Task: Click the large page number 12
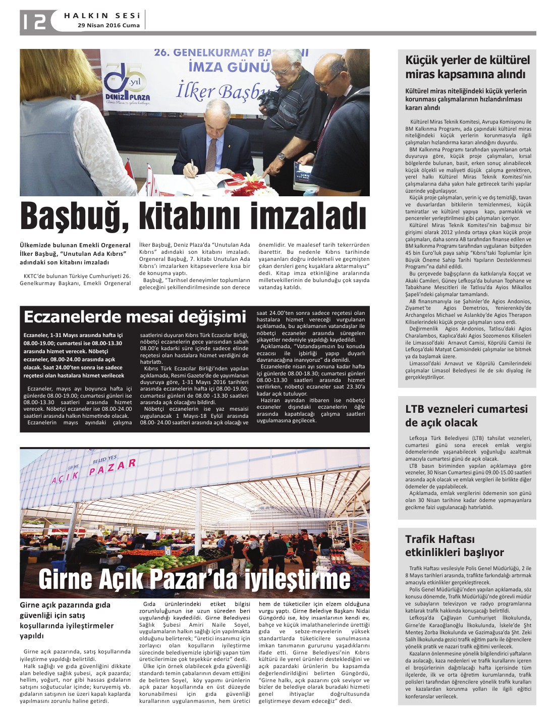(34, 21)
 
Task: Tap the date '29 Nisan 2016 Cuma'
(108, 25)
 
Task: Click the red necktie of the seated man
(211, 154)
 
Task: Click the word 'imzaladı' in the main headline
(308, 217)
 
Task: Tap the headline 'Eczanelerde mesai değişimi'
(135, 317)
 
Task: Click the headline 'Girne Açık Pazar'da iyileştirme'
(194, 579)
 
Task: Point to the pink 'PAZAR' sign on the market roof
(113, 467)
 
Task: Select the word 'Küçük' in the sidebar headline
(423, 61)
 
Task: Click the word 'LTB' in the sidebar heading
(417, 409)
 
